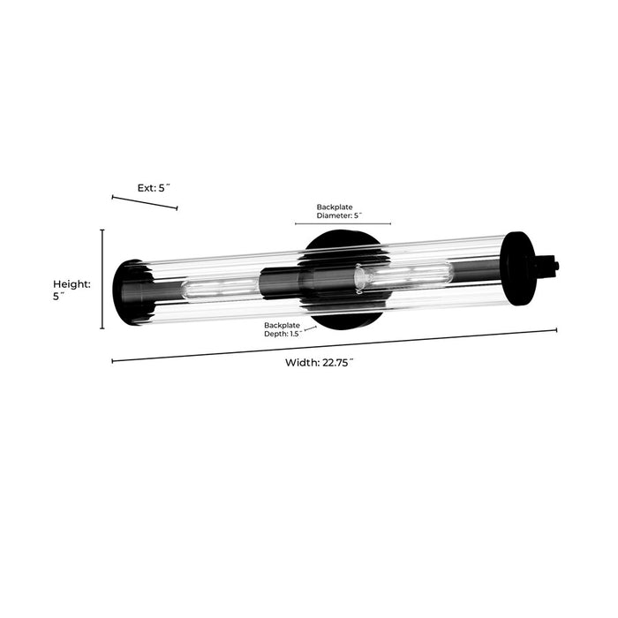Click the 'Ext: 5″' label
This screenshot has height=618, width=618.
[154, 188]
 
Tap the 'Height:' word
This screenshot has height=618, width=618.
[72, 283]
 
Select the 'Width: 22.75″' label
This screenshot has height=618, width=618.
[320, 363]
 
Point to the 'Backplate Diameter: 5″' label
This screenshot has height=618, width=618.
[339, 211]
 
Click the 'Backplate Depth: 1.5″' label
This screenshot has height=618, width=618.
[283, 329]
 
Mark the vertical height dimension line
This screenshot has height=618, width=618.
[102, 279]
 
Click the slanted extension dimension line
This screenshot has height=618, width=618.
[145, 202]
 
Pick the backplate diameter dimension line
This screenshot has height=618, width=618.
[343, 223]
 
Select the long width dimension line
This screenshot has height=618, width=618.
[335, 346]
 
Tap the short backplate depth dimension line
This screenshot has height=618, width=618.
[310, 328]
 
